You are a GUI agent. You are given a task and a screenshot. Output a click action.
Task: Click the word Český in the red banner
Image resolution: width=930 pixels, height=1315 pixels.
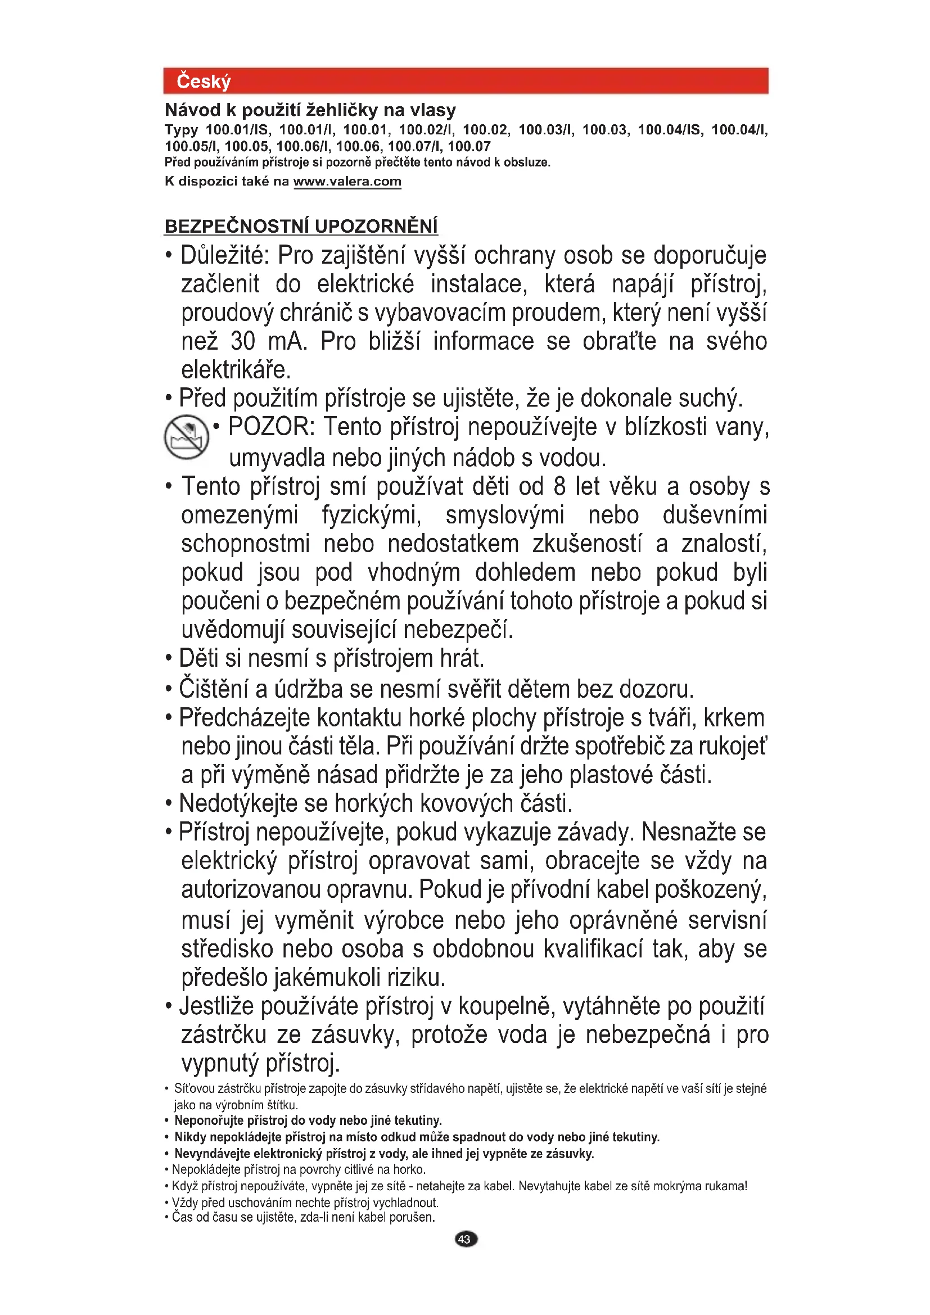click(x=204, y=82)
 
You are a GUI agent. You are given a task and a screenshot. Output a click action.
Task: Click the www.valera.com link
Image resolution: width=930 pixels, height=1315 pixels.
click(x=347, y=182)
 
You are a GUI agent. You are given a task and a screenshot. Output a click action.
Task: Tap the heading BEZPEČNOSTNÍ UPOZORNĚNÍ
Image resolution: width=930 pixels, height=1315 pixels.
click(x=301, y=226)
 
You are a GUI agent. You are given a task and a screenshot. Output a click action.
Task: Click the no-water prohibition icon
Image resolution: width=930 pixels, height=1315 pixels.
click(x=187, y=436)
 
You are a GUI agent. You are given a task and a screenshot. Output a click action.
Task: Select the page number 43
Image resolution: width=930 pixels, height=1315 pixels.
click(x=465, y=1240)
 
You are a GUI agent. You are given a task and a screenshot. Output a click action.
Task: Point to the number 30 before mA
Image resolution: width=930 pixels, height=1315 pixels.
click(x=243, y=341)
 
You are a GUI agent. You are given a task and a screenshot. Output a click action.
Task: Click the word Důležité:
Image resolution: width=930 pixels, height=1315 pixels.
click(x=224, y=255)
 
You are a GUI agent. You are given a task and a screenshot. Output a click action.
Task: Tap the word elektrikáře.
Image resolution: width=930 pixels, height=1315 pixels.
click(x=236, y=370)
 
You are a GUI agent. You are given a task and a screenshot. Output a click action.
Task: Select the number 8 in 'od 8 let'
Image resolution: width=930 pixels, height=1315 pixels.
click(x=559, y=486)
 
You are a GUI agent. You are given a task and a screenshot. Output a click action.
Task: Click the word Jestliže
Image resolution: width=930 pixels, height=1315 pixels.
click(x=216, y=1006)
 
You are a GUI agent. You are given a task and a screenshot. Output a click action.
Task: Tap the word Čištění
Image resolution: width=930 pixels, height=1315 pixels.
click(x=214, y=689)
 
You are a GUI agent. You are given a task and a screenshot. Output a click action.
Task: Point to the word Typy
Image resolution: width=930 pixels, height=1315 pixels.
click(x=181, y=130)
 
